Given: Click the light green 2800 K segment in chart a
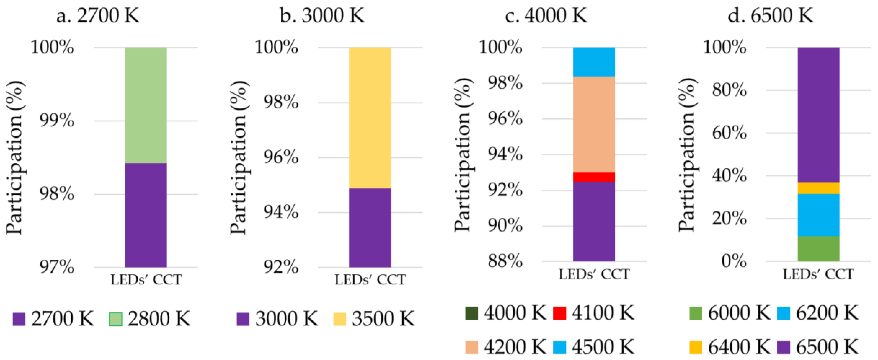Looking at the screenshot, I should click(x=146, y=105).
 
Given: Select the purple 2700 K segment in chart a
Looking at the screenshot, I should click(x=146, y=215).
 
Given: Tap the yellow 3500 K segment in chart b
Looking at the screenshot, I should click(x=370, y=118).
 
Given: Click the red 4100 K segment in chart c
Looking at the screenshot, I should click(x=594, y=177).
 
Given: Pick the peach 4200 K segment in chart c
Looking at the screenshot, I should click(x=594, y=124).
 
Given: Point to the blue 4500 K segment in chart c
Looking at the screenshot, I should click(x=594, y=62).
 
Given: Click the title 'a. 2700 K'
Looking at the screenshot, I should click(x=98, y=16).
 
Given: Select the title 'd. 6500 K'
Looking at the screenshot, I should click(x=770, y=16).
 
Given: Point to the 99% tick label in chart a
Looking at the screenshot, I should click(x=57, y=120).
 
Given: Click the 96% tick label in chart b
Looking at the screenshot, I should click(x=281, y=158).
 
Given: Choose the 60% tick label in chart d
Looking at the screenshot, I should click(x=729, y=133).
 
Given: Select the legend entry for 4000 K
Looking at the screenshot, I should click(x=505, y=313).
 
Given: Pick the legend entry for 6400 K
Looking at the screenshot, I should click(x=729, y=347).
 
